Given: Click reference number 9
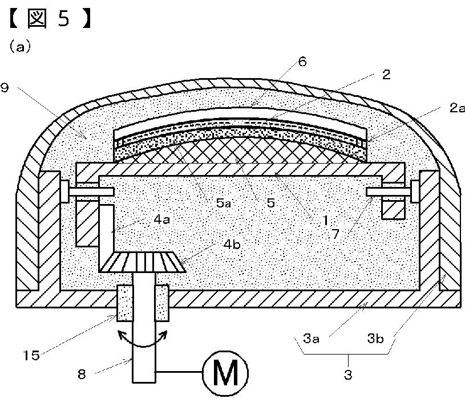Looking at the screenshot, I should pyautogui.click(x=5, y=88).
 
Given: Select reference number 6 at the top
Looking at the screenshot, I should pyautogui.click(x=302, y=62).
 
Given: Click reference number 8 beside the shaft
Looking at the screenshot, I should pyautogui.click(x=82, y=375).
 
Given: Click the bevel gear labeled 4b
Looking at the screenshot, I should pyautogui.click(x=145, y=262).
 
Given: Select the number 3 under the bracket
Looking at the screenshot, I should pyautogui.click(x=347, y=375).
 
